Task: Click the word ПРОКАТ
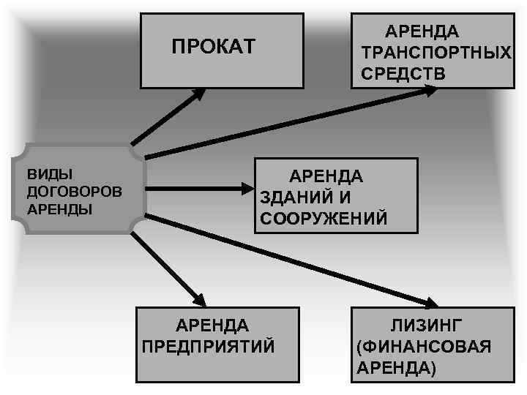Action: (213, 48)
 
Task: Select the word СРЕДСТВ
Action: (403, 74)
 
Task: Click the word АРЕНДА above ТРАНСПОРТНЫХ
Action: (422, 32)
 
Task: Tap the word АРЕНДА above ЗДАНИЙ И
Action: (326, 176)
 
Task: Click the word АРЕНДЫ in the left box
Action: (59, 208)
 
